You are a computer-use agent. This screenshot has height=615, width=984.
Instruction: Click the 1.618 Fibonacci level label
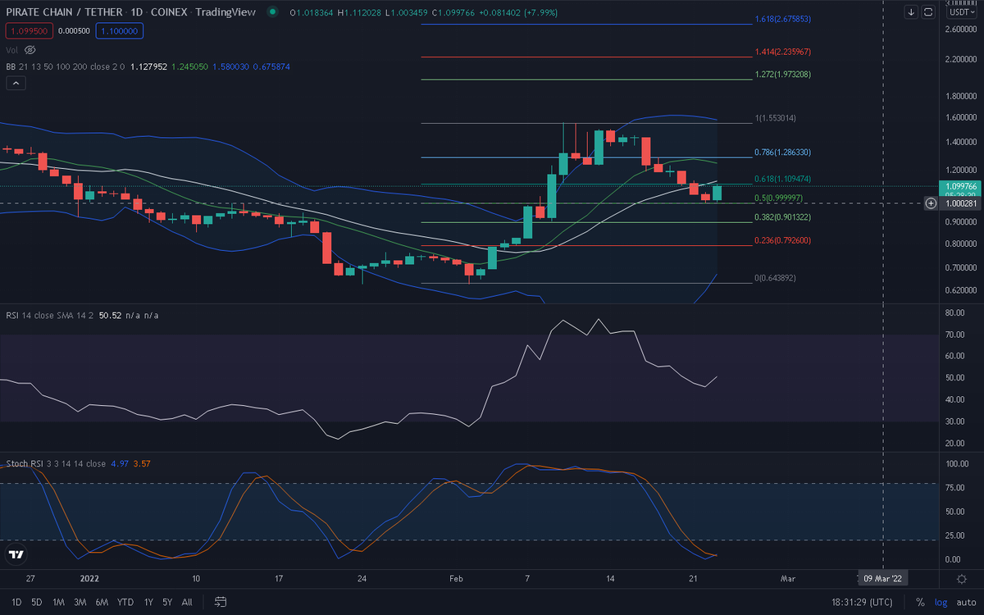coord(782,19)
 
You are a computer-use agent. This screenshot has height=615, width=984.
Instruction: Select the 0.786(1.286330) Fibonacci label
coord(782,152)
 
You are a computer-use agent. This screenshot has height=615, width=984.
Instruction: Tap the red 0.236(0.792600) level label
coord(782,240)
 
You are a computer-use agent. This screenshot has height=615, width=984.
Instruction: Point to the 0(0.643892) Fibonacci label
coord(775,278)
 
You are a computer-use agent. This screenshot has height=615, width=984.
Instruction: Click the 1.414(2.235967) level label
coord(782,52)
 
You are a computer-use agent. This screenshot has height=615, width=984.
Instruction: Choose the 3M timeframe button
coord(80,602)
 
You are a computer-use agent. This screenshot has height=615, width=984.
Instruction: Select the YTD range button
coord(125,602)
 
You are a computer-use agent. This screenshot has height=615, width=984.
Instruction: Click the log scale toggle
coord(941,602)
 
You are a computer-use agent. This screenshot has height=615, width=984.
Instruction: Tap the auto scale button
coord(966,602)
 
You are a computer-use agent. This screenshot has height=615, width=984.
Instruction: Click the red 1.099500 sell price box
coord(29,31)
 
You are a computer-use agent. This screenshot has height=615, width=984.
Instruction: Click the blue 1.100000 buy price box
coord(120,31)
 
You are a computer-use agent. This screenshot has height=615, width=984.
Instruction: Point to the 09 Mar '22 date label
coord(882,579)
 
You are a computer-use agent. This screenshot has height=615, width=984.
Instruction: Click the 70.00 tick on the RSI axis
coord(954,335)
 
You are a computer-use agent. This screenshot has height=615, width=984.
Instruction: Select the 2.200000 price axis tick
coord(961,59)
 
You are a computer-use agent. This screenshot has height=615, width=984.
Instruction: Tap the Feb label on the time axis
coord(456,579)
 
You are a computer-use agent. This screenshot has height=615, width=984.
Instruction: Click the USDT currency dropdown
coord(962,12)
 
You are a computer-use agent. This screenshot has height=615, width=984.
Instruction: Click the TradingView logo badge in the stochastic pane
coord(16,554)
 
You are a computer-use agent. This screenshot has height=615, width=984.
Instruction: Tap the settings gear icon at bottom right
coord(962,579)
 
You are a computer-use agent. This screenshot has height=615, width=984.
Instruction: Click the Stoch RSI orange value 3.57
coord(141,463)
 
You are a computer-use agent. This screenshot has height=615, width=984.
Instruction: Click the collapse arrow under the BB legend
coord(16,83)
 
